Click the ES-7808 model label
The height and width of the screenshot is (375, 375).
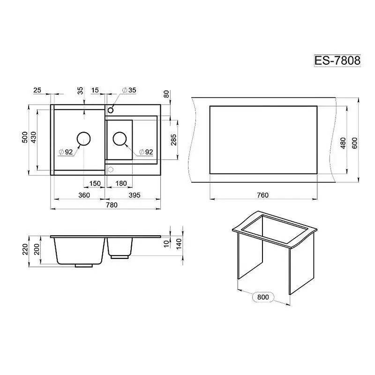(337, 60)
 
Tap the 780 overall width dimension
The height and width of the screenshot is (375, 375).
(112, 205)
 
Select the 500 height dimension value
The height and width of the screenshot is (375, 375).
(25, 137)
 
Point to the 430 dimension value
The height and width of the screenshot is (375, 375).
(33, 137)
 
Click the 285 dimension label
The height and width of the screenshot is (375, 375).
(173, 140)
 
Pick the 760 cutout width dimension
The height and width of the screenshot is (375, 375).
(262, 195)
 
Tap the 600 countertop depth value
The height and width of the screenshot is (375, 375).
(355, 143)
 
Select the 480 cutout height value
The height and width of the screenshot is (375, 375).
(343, 143)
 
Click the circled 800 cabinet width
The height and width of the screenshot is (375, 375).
(263, 297)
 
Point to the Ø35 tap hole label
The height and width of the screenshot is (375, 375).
(129, 90)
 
